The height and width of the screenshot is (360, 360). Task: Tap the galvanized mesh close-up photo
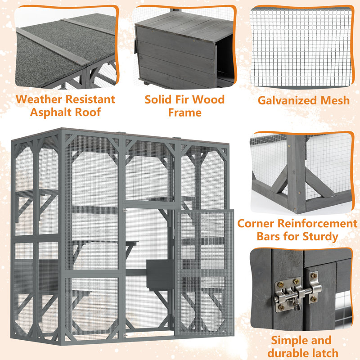point(300,47)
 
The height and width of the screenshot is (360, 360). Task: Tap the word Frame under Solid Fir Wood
point(184,112)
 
